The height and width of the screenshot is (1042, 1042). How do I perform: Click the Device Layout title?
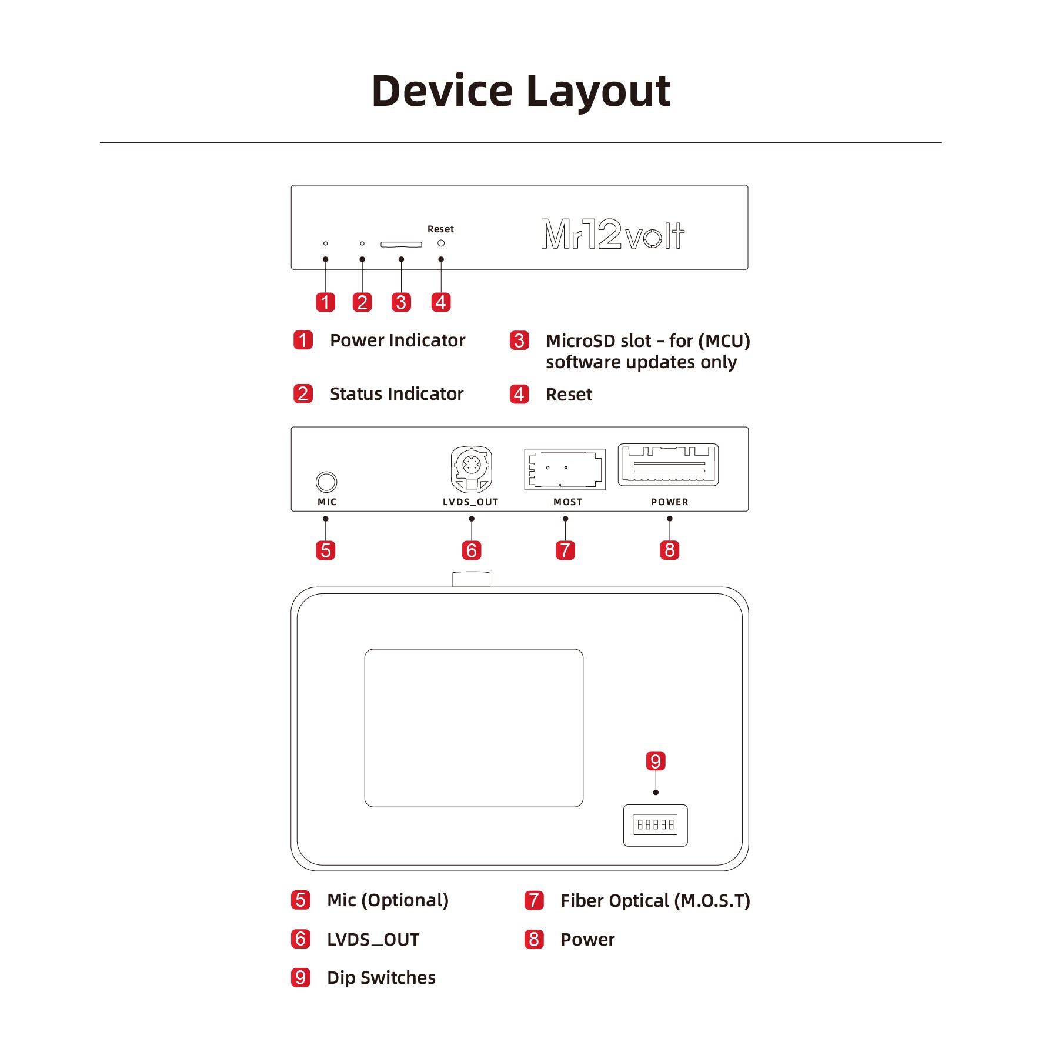click(520, 92)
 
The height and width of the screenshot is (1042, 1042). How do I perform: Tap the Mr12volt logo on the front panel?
click(612, 234)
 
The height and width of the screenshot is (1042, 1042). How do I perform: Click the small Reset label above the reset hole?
click(440, 229)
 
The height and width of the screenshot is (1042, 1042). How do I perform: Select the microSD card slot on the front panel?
click(401, 244)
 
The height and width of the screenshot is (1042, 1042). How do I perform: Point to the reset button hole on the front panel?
click(441, 243)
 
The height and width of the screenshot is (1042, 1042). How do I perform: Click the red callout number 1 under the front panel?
click(325, 302)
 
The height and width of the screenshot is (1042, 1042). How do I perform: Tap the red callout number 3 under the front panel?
click(401, 302)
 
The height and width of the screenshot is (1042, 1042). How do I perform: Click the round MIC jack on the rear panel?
click(326, 482)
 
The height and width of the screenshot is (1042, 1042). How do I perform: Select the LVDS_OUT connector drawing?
click(471, 469)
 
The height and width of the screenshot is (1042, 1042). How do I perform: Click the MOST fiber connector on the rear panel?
click(565, 469)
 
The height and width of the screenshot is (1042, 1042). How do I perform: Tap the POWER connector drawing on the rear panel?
click(668, 465)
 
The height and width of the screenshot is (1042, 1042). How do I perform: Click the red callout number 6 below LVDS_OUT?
click(471, 550)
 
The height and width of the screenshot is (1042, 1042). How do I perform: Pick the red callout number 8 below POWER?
click(669, 550)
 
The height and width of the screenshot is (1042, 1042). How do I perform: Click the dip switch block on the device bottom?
click(655, 824)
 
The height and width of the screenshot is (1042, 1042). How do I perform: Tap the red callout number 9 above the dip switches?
click(655, 761)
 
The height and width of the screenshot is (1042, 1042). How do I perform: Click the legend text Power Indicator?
click(397, 340)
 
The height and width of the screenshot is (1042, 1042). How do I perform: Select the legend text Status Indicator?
click(396, 394)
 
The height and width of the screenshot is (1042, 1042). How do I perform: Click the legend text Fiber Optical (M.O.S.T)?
click(654, 900)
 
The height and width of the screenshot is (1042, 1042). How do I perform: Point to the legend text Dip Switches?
click(381, 977)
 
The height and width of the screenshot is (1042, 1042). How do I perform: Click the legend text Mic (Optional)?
click(388, 900)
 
